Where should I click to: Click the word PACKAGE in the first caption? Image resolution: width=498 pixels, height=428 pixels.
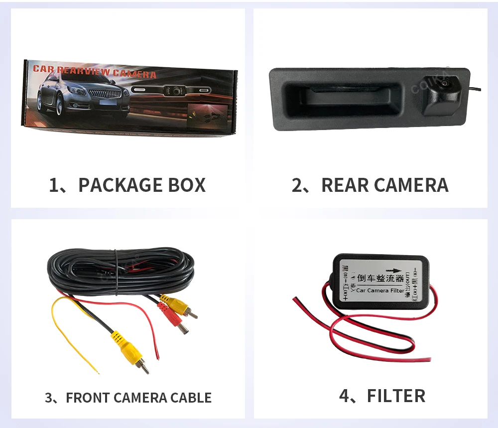point(121,185)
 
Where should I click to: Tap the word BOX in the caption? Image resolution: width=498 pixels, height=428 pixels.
point(186,185)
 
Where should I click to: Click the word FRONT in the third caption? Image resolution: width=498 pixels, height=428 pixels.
point(88,398)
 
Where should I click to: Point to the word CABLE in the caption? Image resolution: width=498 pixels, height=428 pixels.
point(191,398)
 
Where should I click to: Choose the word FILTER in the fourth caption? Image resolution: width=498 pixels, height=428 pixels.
point(396,396)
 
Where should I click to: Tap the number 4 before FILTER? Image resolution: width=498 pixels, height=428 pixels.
point(345,396)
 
